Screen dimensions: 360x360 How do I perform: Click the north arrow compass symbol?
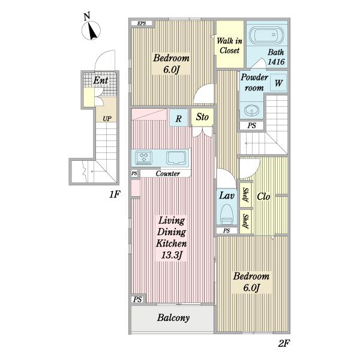tap(91, 30)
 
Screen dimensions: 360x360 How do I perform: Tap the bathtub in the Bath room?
tap(266, 36)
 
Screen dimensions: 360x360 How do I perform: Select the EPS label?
tap(142, 23)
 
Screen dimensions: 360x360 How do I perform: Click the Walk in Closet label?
tap(229, 46)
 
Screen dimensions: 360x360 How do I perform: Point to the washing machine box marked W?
tap(278, 83)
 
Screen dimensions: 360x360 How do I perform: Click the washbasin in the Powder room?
tap(251, 110)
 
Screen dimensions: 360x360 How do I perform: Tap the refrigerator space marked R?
tap(178, 118)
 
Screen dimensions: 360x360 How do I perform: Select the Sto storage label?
tap(202, 117)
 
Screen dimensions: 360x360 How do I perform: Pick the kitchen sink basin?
tap(176, 158)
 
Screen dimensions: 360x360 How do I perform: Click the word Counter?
tap(167, 173)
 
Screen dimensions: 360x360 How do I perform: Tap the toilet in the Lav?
tap(227, 214)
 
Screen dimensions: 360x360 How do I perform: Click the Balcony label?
tap(173, 318)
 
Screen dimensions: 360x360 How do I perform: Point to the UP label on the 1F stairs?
tap(107, 119)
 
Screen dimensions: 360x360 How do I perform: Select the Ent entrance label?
tap(101, 80)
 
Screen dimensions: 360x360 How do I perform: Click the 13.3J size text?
tap(172, 255)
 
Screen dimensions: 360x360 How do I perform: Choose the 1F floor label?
tap(115, 194)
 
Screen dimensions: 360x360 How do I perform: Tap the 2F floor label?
tap(284, 343)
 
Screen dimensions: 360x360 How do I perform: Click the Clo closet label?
tap(263, 197)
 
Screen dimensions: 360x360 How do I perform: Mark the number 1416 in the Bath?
tap(276, 62)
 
